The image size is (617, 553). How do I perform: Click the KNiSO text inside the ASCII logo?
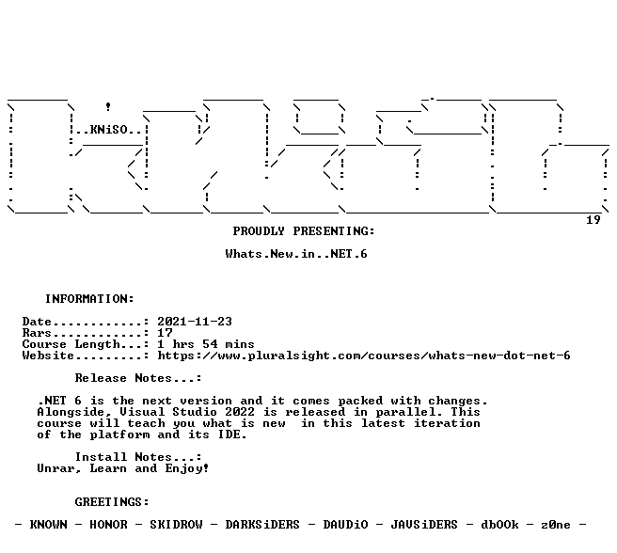108,130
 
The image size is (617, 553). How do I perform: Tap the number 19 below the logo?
593,220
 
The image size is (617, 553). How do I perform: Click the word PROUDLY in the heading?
259,231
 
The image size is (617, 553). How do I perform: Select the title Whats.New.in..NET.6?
296,254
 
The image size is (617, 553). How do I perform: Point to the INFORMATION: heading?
89,299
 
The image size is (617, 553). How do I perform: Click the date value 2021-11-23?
195,322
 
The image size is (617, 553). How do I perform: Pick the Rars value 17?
165,333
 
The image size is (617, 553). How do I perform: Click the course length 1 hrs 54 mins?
206,344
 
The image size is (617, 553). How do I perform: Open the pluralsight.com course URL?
364,355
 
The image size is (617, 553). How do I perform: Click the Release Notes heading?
137,378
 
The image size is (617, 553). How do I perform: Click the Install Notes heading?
137,457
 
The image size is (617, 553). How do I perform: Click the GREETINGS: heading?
112,502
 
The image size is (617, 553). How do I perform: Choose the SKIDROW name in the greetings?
176,525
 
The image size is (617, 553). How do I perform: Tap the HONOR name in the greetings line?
108,525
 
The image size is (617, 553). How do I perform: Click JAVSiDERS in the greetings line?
424,525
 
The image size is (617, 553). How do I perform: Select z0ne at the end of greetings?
555,525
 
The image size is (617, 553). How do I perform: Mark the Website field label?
48,355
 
